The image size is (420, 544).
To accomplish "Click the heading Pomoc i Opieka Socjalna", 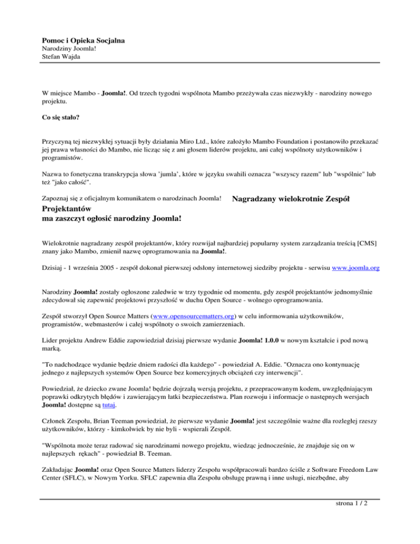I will pyautogui.click(x=83, y=40).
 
